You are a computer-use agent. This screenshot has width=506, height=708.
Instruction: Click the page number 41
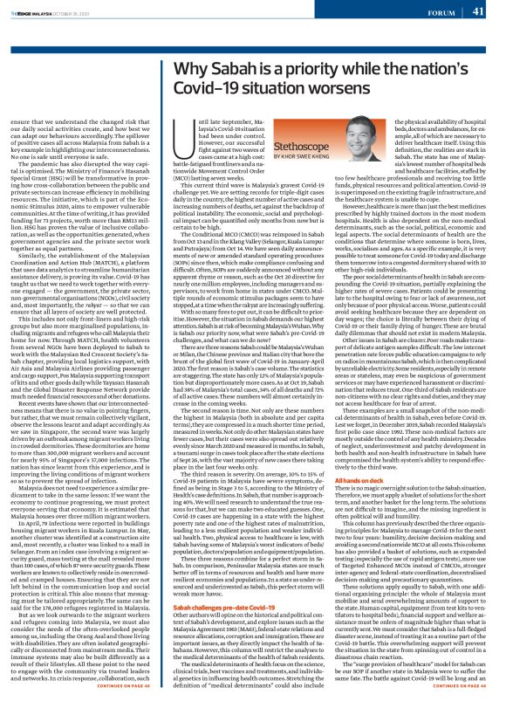[478, 11]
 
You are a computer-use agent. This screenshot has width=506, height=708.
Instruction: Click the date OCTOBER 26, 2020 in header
[72, 10]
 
